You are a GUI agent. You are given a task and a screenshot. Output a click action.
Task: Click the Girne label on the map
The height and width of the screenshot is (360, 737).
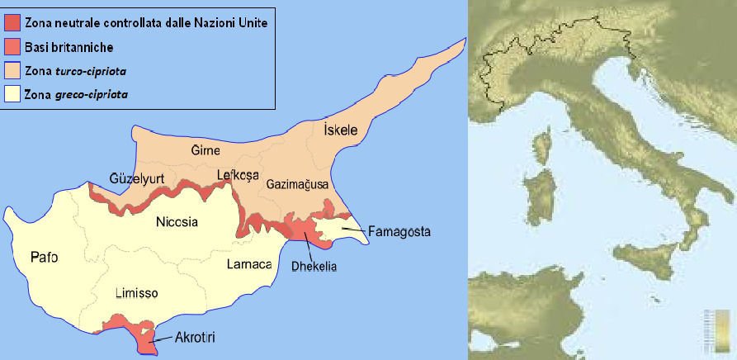coord(206,151)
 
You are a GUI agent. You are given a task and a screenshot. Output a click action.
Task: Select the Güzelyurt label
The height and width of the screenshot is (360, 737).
coord(136,178)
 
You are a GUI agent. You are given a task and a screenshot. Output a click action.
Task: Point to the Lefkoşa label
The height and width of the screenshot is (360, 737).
coord(237,174)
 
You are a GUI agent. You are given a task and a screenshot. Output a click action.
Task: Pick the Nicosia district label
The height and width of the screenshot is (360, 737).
coord(182,221)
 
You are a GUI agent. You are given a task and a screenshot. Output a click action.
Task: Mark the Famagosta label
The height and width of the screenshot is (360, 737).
coord(400,232)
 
